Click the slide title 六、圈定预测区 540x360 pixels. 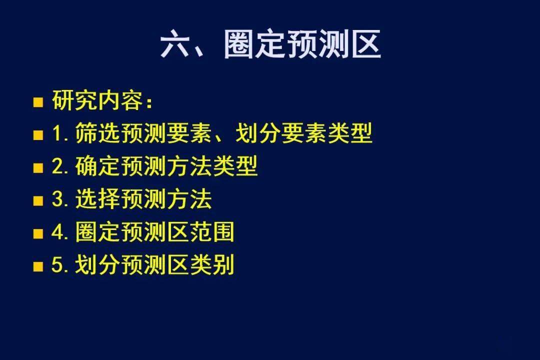coord(270,44)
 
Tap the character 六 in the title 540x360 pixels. coord(174,44)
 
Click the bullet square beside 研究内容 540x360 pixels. coord(38,102)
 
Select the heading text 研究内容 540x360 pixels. coord(97,100)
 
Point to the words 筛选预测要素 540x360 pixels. coord(143,133)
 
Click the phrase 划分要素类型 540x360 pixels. coord(304,133)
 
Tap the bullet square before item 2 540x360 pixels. coord(38,168)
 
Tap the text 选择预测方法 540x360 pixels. coord(143,199)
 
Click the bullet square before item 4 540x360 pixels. coord(38,233)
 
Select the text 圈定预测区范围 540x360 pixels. coord(154,231)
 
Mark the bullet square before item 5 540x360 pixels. coord(38,266)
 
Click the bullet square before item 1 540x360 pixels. coord(38,135)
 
